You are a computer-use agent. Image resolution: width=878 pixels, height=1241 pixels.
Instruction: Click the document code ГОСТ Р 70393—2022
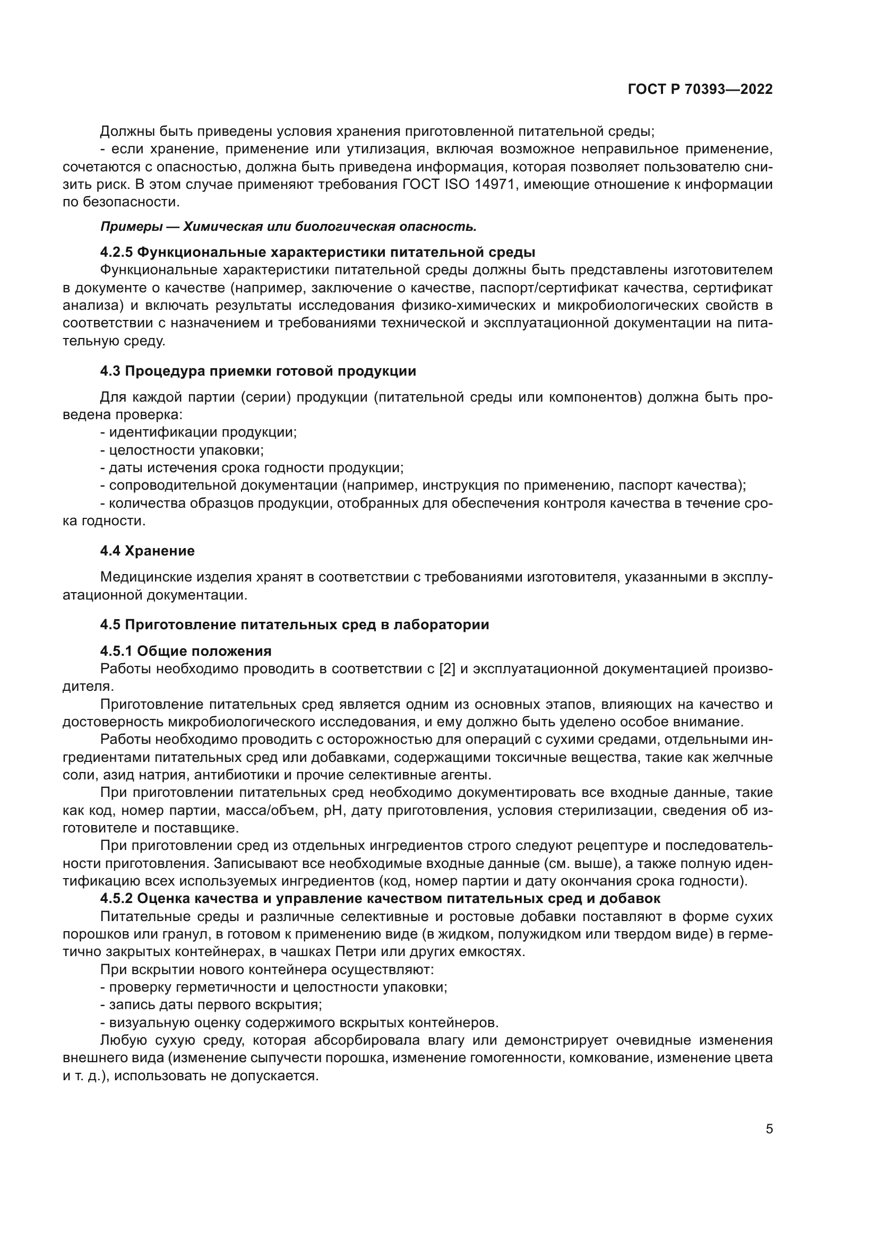coord(700,90)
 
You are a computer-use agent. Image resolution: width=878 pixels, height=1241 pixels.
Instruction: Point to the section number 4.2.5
coord(117,253)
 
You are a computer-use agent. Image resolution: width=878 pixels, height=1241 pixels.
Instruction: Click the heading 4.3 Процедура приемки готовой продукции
coord(258,371)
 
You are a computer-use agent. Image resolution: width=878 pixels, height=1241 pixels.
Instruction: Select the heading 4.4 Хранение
coord(147,551)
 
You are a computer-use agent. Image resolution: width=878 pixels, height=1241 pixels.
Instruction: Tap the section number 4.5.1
coord(117,651)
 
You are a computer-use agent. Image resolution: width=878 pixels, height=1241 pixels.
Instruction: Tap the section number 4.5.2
coord(117,899)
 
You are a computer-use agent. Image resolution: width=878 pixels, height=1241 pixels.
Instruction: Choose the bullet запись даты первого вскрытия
coord(211,1005)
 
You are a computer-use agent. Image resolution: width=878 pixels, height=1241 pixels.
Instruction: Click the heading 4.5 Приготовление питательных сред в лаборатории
coord(294,625)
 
